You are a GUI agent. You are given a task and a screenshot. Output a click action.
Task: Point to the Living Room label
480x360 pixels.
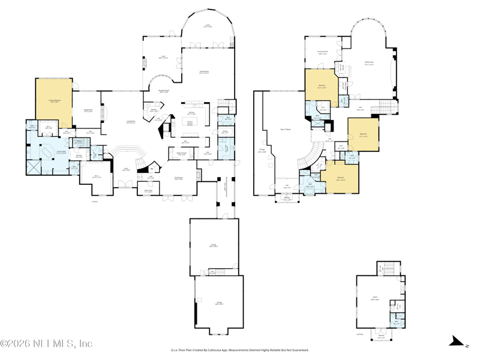coord(130,122)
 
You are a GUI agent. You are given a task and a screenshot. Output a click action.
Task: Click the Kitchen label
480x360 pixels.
coord(192,113)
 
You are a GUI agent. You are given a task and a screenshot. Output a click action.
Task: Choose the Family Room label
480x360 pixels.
coord(204,71)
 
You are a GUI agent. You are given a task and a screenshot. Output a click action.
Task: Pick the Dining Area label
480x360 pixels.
coord(179,179)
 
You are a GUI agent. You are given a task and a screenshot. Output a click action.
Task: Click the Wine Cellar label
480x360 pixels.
coord(148,192)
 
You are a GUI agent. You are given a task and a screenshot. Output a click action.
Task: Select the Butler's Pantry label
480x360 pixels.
coord(181,154)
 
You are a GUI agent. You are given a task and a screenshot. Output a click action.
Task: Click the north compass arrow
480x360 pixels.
coord(459,342)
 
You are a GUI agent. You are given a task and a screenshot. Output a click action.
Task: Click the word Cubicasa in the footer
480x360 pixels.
coord(237,350)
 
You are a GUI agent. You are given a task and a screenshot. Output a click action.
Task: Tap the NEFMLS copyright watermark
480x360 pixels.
coord(46,344)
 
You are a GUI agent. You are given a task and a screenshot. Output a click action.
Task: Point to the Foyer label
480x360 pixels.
coord(127,169)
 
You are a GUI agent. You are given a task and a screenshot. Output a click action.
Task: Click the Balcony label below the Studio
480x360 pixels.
coord(382,338)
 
